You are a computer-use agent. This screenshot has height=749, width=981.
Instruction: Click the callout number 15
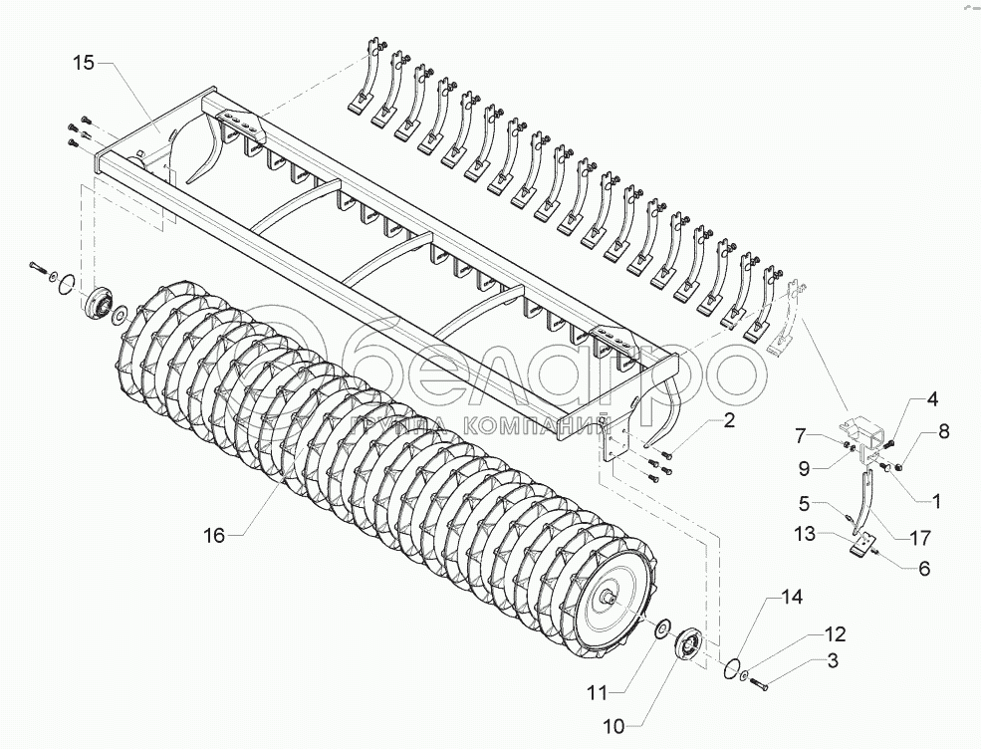point(84,63)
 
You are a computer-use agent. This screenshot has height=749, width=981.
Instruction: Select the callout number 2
point(729,421)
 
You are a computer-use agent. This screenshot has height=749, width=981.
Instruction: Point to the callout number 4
point(932,399)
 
